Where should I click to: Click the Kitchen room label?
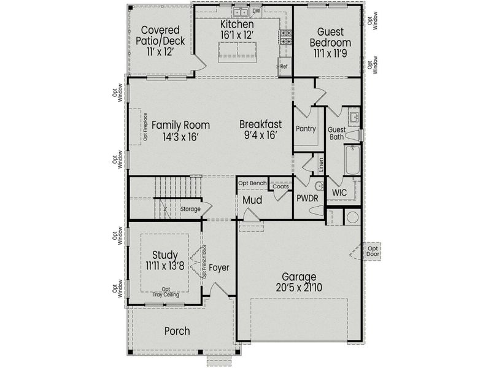(x=237, y=24)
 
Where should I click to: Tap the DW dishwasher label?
(x=256, y=10)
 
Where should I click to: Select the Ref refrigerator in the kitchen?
(x=284, y=66)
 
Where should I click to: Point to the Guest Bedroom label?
(x=330, y=37)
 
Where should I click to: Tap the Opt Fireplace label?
(x=145, y=128)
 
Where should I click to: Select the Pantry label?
(x=305, y=129)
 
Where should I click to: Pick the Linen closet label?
(x=321, y=164)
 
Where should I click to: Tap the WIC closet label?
(x=339, y=193)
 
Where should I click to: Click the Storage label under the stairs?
(x=190, y=209)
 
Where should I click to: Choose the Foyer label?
(x=218, y=267)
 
